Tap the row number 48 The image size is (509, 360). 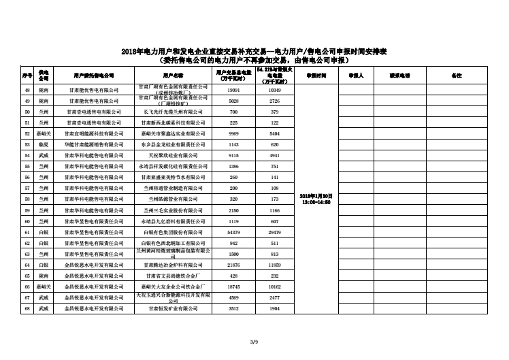27,90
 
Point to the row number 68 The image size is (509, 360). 27,308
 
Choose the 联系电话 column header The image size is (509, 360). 399,75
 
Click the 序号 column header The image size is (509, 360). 27,75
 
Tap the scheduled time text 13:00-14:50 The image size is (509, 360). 315,202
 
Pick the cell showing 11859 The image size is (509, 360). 274,265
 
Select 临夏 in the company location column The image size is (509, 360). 44,144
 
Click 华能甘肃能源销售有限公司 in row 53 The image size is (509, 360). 95,144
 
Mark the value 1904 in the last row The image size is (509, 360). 274,308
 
